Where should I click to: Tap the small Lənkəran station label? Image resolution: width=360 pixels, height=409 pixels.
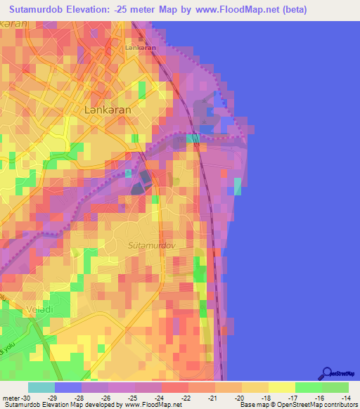[140, 48]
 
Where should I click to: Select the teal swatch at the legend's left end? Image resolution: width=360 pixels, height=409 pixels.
[41, 387]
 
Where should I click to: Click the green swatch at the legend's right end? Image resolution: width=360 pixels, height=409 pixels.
[335, 387]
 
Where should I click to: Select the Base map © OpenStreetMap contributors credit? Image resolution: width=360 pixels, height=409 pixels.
[298, 405]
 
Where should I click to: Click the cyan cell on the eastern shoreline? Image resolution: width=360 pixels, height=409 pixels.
[237, 186]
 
